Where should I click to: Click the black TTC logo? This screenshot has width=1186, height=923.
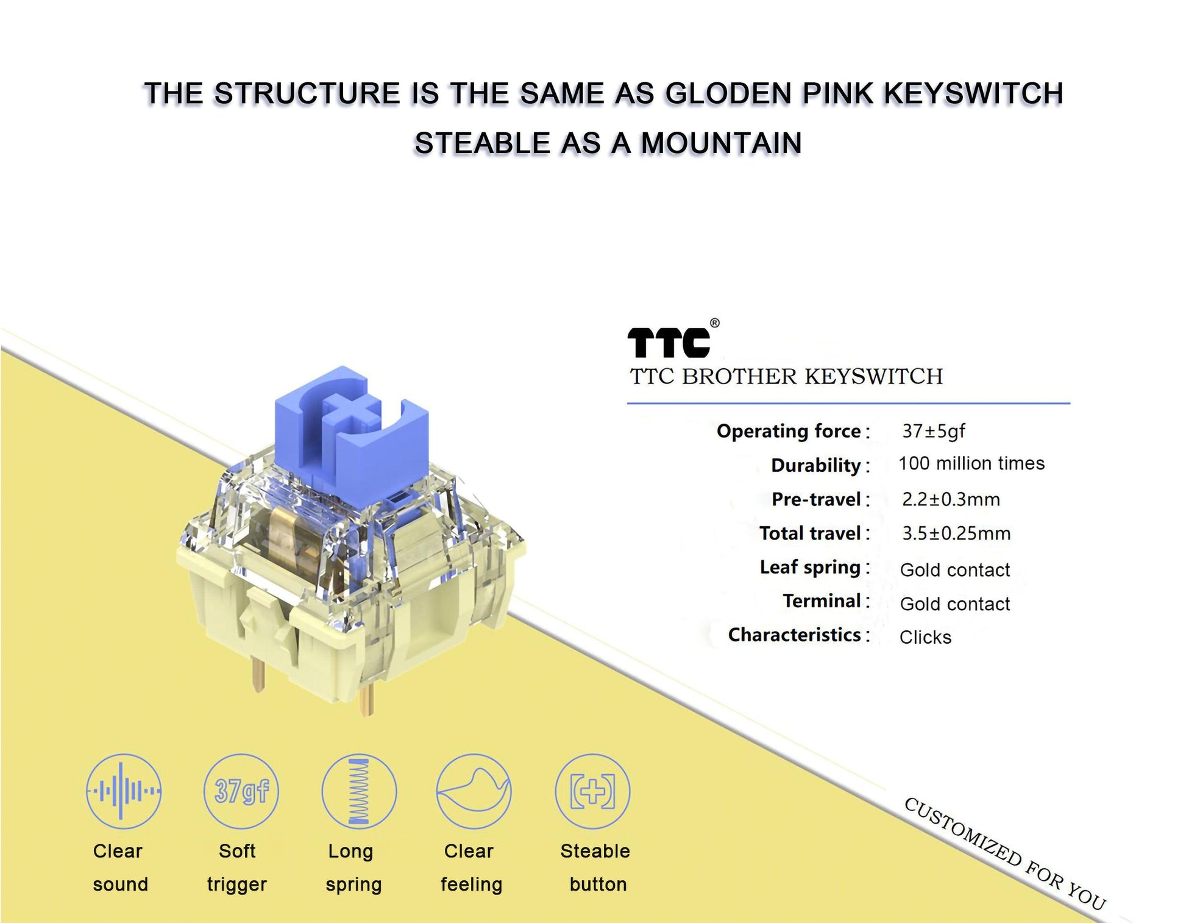tap(669, 343)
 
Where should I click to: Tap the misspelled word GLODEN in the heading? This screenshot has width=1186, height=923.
tap(728, 94)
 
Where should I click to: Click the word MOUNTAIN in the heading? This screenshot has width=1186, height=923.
tap(720, 144)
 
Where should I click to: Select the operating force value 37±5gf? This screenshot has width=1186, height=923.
tap(933, 431)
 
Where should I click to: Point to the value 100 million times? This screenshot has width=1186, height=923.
tap(971, 463)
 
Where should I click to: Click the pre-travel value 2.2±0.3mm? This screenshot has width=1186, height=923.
tap(951, 499)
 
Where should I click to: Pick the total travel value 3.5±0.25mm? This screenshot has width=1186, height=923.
tap(956, 533)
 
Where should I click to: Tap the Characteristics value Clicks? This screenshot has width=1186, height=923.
tap(925, 637)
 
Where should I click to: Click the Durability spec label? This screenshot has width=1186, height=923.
tap(815, 465)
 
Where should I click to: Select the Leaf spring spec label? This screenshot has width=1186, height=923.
tap(809, 568)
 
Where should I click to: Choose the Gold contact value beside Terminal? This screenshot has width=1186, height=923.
tap(954, 604)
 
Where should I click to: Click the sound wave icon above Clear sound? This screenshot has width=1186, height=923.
tap(124, 791)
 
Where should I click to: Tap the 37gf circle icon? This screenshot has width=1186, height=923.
tap(241, 791)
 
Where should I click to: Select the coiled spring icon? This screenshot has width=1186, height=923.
tap(359, 791)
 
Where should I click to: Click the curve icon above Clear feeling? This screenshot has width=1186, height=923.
tap(474, 791)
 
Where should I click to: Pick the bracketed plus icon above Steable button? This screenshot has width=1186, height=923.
tap(592, 791)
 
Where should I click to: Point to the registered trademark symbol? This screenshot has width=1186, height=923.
tap(714, 323)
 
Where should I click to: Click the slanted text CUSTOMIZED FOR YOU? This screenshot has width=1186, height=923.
tap(1004, 854)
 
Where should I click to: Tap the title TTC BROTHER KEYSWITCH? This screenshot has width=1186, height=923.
tap(786, 377)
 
